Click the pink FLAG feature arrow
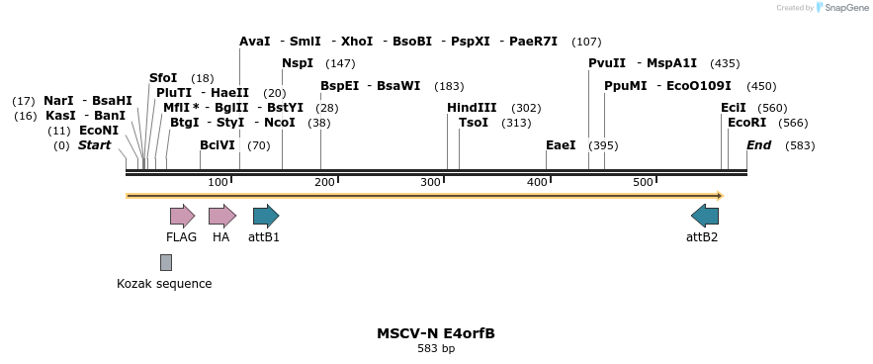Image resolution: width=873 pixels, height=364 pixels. [182, 216]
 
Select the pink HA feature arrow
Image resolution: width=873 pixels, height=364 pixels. [221, 216]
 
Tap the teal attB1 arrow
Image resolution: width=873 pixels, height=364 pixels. [266, 216]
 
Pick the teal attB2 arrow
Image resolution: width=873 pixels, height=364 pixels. [705, 216]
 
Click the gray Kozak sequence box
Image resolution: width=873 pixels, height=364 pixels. [166, 262]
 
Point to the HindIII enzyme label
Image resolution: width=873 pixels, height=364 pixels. [472, 108]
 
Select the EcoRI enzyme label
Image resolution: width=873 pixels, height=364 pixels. [746, 123]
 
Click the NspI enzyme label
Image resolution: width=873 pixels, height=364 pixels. [297, 63]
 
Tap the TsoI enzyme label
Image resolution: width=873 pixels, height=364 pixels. [474, 123]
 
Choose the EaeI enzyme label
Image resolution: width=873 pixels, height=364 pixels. [561, 145]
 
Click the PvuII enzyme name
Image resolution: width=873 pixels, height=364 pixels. [606, 63]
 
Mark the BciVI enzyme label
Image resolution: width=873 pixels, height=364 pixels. [218, 145]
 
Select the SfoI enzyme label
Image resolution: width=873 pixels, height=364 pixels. [163, 78]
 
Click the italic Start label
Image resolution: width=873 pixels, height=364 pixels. [95, 145]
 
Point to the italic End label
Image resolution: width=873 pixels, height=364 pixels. [758, 145]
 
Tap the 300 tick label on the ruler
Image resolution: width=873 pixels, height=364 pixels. [430, 183]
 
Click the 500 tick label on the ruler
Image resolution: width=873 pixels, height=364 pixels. [643, 183]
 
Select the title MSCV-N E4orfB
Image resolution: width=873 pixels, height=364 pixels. [435, 333]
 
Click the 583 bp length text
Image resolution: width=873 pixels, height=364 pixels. [435, 349]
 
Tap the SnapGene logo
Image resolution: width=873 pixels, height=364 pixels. [841, 8]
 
